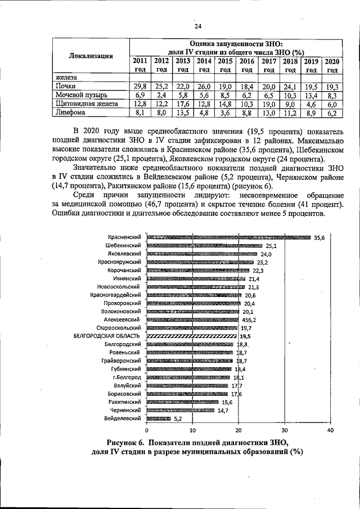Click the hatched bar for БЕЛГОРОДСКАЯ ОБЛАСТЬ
tap(191, 335)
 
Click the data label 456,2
tap(249, 319)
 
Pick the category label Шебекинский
tap(123, 246)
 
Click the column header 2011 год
tap(140, 65)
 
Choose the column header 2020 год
tap(332, 65)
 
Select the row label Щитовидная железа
tap(86, 103)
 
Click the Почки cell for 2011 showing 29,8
tap(140, 86)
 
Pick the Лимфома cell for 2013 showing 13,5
tap(182, 112)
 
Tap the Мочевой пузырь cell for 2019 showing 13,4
tap(311, 95)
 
